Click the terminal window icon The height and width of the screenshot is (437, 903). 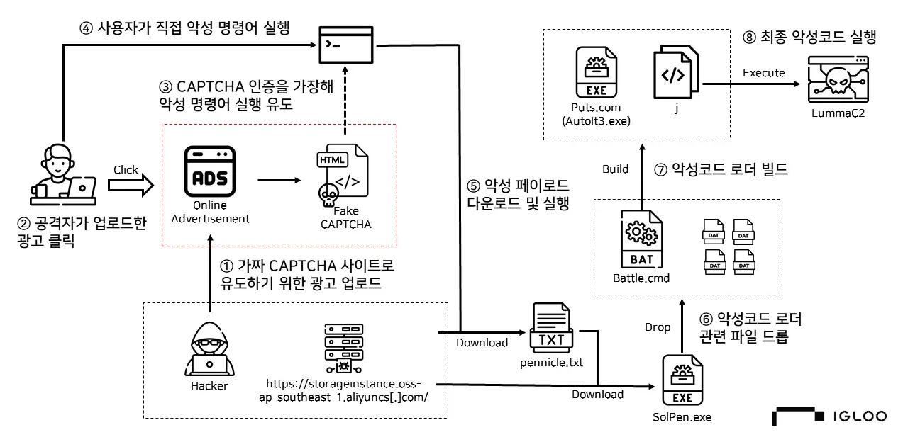click(x=345, y=44)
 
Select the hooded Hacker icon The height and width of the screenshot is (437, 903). click(x=209, y=351)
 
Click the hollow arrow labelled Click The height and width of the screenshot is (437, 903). click(x=131, y=185)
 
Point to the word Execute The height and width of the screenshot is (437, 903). click(x=763, y=73)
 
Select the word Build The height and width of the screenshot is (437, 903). click(x=615, y=169)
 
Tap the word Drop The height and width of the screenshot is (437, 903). click(x=657, y=327)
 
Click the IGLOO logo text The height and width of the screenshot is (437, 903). click(x=859, y=416)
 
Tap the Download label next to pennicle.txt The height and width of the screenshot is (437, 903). click(x=482, y=343)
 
